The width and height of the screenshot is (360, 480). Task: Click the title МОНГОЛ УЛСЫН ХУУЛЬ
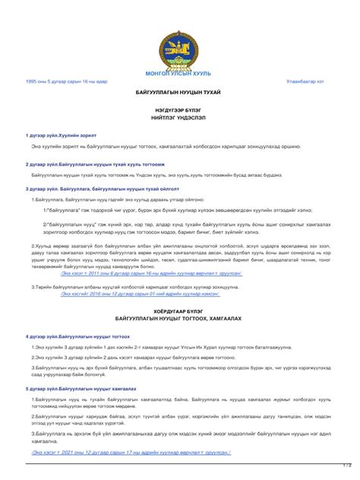pos(179,73)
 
